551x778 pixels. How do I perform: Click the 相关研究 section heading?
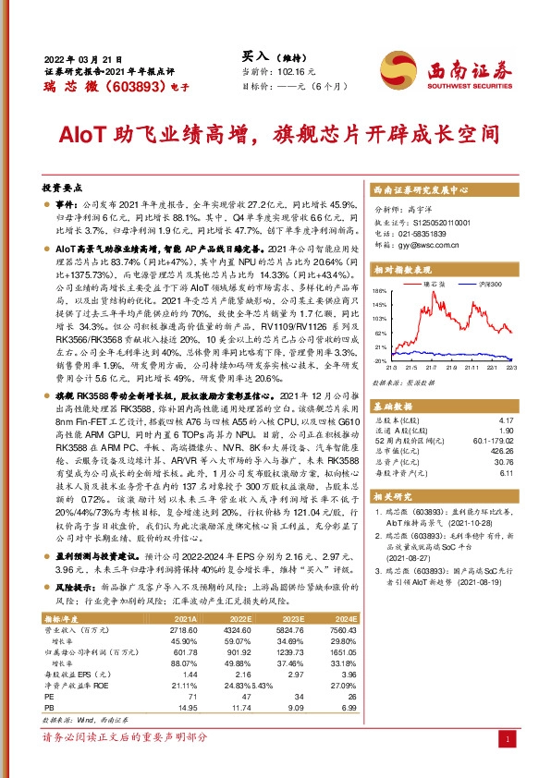[395, 495]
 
